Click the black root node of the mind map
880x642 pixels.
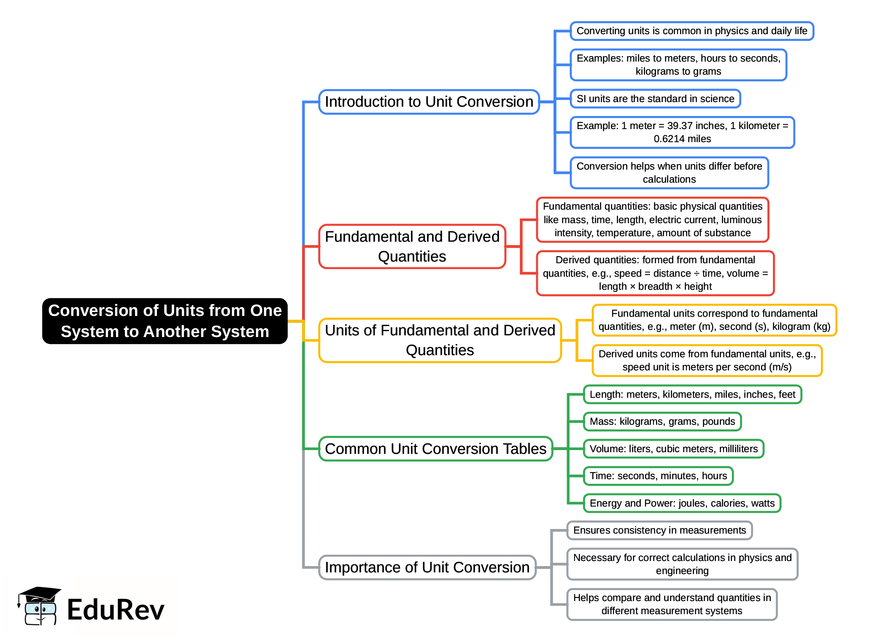[x=165, y=321]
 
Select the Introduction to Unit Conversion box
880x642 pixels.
[x=429, y=102]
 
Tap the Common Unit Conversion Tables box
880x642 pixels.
[x=435, y=449]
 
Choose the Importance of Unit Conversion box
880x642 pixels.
[x=427, y=567]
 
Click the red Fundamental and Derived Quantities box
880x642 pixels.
[x=412, y=246]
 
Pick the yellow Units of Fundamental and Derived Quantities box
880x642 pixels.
[x=440, y=340]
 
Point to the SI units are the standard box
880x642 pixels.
[x=655, y=99]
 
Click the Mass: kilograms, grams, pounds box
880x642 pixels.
[x=662, y=421]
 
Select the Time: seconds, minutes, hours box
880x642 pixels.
[x=658, y=476]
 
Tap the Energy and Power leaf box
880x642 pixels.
[x=682, y=503]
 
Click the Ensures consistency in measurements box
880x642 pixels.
[x=659, y=530]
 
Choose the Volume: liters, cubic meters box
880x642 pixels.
[x=673, y=449]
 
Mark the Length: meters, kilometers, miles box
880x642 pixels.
[x=692, y=394]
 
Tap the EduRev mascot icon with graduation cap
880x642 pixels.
[x=39, y=606]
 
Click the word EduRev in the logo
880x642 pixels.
[x=115, y=610]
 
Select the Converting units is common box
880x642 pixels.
[x=691, y=31]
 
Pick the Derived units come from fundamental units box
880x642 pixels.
[x=707, y=360]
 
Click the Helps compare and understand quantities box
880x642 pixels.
[x=672, y=604]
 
